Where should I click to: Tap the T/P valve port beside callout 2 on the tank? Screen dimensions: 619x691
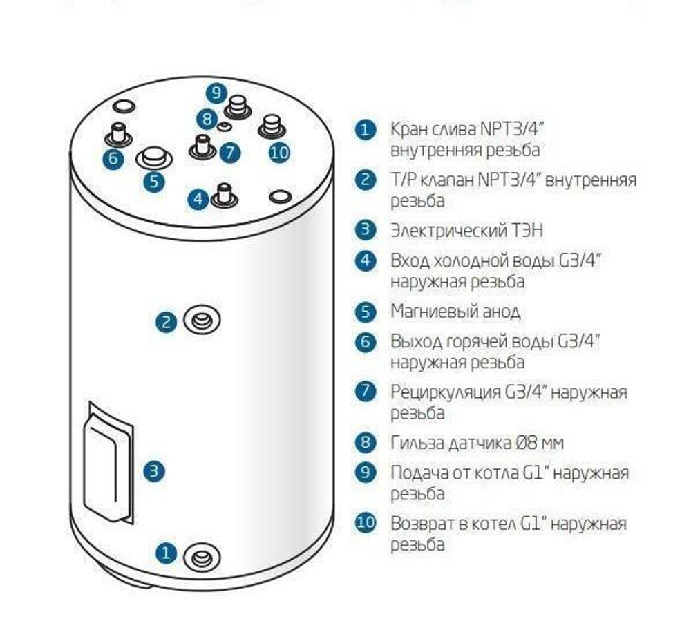point(202,321)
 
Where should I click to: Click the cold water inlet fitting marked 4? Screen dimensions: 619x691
point(225,196)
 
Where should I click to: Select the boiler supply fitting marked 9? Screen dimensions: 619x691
point(239,108)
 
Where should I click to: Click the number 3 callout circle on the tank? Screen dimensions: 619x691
point(154,471)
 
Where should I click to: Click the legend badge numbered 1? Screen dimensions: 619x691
point(365,130)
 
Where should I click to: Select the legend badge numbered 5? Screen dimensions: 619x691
point(365,312)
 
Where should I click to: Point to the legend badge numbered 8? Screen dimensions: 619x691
point(365,443)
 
